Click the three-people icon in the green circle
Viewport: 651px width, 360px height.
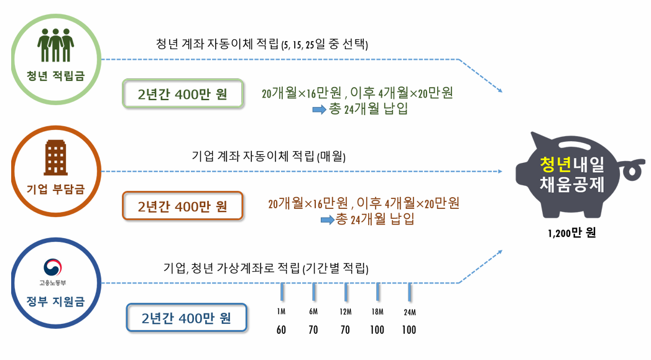pos(56,45)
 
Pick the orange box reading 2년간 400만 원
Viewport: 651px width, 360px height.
pos(182,206)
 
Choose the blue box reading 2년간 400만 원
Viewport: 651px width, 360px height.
pos(186,318)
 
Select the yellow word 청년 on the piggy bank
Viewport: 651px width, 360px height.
pos(555,165)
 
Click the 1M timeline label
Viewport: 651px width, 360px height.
pos(281,312)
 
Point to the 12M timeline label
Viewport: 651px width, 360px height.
pos(345,312)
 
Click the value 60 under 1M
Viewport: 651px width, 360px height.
pos(281,330)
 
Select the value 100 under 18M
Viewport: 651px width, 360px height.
pos(377,330)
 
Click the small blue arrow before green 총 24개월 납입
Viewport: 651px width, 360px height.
pos(318,109)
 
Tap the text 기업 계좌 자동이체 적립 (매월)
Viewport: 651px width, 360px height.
pos(269,157)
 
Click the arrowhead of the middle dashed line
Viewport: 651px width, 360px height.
pos(500,171)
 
